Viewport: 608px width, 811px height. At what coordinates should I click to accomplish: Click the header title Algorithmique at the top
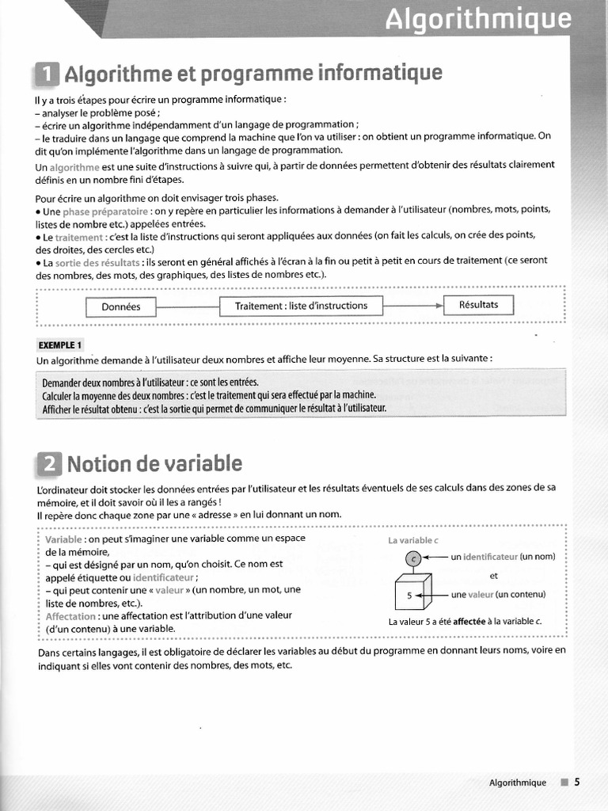click(477, 19)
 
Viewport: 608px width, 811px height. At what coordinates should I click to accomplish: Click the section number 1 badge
click(47, 75)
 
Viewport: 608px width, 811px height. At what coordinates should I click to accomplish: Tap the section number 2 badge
click(48, 463)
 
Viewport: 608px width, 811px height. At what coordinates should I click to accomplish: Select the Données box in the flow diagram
click(120, 307)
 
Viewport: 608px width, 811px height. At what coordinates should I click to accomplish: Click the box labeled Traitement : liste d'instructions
click(301, 306)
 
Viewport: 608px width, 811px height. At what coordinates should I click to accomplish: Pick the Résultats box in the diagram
click(478, 305)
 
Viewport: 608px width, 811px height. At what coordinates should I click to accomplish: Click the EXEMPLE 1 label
click(59, 345)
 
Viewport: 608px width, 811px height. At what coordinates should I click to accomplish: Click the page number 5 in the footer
click(577, 782)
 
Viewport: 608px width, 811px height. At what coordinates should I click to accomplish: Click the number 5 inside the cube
click(409, 595)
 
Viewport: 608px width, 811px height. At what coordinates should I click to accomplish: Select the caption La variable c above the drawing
click(412, 540)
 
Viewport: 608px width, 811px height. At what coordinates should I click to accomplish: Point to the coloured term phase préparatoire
click(105, 211)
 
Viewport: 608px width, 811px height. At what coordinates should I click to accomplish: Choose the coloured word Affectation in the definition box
click(70, 615)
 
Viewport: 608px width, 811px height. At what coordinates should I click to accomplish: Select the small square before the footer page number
click(564, 782)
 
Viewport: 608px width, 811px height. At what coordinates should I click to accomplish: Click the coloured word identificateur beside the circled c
click(489, 557)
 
